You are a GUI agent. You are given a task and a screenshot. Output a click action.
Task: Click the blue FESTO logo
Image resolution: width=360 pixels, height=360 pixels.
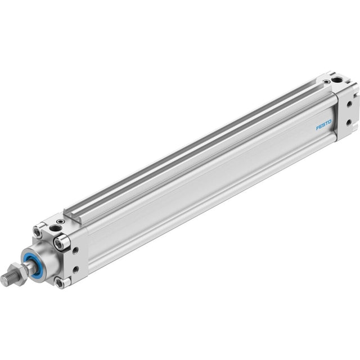click(324, 124)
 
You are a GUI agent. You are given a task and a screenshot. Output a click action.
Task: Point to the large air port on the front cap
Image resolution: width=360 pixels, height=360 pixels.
click(55, 228)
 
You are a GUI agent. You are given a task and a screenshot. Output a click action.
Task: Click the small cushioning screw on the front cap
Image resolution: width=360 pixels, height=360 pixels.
click(61, 221)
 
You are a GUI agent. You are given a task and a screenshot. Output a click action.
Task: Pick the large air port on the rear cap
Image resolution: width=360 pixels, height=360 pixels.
click(337, 80)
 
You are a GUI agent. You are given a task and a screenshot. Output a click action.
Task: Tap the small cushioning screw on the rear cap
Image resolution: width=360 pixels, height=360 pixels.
click(326, 81)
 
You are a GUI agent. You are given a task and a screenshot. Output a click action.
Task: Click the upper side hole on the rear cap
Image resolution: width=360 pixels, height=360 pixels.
click(349, 104)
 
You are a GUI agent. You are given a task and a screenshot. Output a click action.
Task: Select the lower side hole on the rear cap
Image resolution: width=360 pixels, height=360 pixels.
click(349, 123)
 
